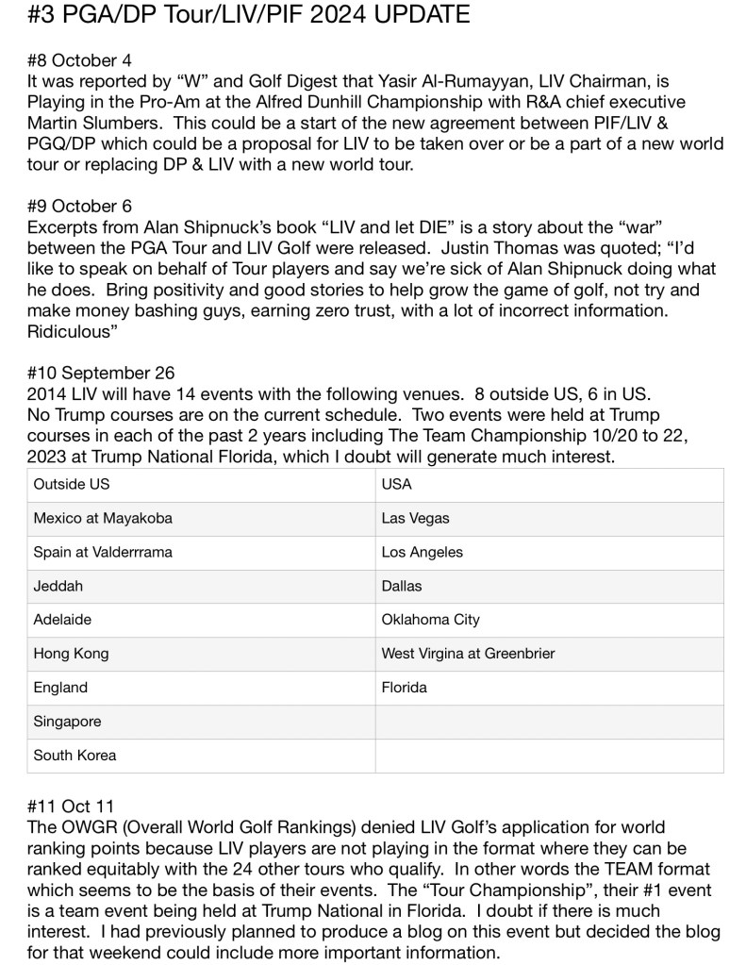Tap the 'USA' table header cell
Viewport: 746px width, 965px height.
[x=397, y=484]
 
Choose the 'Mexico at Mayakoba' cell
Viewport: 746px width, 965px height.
[x=103, y=518]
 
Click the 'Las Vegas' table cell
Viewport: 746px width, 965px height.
[x=416, y=518]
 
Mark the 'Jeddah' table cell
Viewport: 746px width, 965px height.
[x=58, y=586]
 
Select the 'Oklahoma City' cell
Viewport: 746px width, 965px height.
[x=431, y=620]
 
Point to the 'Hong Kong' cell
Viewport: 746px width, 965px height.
[x=71, y=654]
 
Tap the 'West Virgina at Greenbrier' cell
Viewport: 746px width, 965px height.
[x=468, y=654]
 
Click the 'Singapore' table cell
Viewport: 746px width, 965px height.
[x=67, y=722]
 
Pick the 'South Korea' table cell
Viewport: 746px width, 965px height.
[x=75, y=756]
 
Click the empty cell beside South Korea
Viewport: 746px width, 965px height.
[x=549, y=756]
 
